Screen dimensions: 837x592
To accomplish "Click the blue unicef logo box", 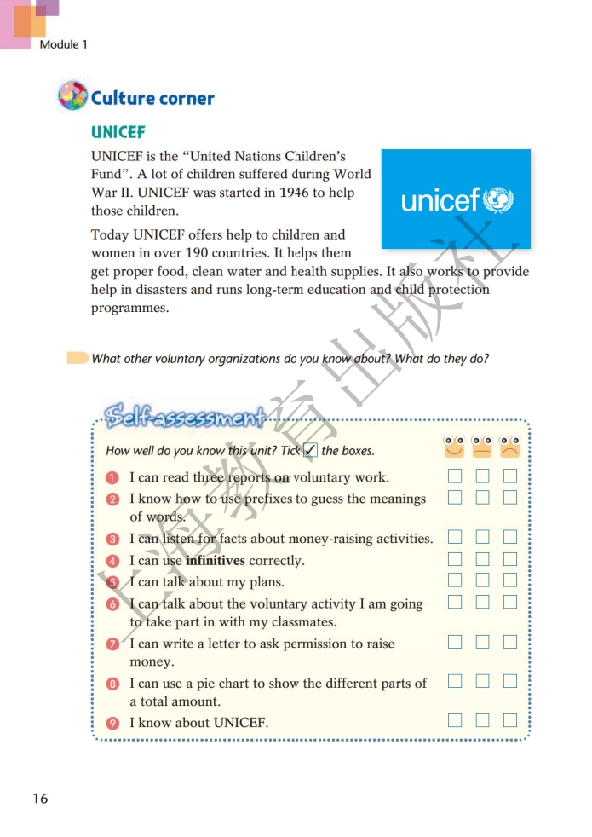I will click(455, 199).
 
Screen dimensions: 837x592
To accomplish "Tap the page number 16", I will click(40, 798).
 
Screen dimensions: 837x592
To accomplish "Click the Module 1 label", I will click(63, 44).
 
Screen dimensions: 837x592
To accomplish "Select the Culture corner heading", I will click(152, 98).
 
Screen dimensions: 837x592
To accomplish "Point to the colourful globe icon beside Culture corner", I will click(72, 95).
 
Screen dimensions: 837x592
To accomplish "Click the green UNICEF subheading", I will click(118, 132).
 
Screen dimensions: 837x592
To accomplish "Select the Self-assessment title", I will click(184, 415).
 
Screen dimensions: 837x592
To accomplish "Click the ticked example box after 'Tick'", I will click(311, 450).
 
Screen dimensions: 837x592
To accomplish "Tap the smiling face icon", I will click(455, 446).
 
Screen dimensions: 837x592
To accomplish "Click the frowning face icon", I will click(509, 446).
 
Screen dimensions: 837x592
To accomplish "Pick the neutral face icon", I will click(482, 446).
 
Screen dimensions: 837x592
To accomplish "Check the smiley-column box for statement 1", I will click(455, 476).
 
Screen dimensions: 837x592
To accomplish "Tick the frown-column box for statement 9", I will click(509, 720).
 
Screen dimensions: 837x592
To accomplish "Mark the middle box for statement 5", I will click(482, 580).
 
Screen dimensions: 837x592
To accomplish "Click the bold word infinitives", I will click(216, 561).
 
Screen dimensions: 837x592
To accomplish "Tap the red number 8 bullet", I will click(112, 684).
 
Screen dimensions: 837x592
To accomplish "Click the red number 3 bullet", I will click(112, 539).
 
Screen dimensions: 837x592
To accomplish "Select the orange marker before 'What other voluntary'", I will click(78, 358).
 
